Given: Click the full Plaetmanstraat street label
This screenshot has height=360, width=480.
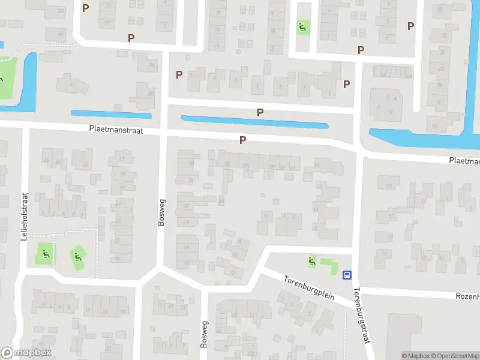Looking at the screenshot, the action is click(x=116, y=129).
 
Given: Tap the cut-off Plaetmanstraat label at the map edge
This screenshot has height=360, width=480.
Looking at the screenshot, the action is click(x=464, y=161).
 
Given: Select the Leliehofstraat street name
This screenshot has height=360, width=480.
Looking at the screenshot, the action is click(x=25, y=217).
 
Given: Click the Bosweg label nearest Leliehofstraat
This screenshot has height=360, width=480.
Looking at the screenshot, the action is click(x=161, y=212).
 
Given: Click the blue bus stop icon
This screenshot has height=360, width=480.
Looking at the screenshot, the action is click(x=347, y=275).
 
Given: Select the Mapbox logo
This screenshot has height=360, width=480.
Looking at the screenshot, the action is click(x=26, y=353).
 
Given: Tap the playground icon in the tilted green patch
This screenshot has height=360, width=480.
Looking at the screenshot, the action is click(x=77, y=257).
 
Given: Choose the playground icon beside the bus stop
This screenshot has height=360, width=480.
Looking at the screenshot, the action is click(x=311, y=261).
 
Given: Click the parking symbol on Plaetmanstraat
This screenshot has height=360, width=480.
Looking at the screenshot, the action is click(x=243, y=140).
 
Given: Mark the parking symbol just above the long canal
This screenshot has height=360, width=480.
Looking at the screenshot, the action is click(x=260, y=112).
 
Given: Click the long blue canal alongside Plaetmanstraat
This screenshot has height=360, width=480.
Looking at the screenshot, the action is click(x=255, y=122).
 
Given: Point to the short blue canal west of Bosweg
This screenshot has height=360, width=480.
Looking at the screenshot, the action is click(x=111, y=113).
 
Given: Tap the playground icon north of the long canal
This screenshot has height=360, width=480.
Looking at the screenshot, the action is click(x=302, y=26).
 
